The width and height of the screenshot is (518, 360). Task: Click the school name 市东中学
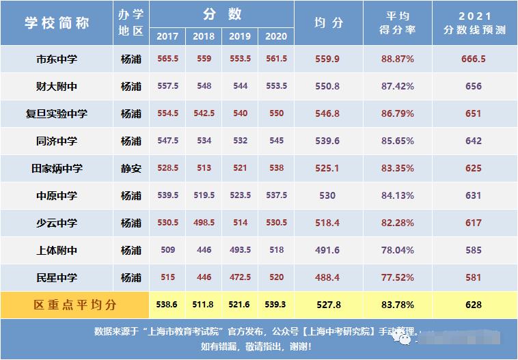(x=57, y=59)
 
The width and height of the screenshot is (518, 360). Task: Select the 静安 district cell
(x=131, y=169)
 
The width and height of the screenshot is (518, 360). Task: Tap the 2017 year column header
(x=167, y=36)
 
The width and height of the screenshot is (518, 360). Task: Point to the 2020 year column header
(x=276, y=36)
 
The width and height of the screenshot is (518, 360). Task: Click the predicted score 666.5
(x=474, y=59)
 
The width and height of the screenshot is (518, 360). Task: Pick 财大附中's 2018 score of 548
(x=204, y=87)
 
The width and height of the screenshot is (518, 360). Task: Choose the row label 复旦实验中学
(x=57, y=114)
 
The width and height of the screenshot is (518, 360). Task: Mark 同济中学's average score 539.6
(x=327, y=141)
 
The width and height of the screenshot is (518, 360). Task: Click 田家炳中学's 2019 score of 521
(x=240, y=169)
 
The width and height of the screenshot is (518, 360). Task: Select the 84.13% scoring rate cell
(x=398, y=196)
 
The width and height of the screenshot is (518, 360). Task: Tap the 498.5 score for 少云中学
(x=204, y=223)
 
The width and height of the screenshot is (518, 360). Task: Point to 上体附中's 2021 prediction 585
(x=474, y=251)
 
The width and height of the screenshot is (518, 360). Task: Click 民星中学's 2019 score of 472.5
(x=240, y=278)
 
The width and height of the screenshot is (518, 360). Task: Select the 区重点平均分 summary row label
(x=75, y=305)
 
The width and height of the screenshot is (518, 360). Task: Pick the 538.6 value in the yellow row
(x=167, y=305)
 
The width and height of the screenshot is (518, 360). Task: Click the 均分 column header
(x=328, y=23)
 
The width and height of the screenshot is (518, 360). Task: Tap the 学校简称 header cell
(x=57, y=23)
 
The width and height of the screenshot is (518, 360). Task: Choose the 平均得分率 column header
(x=398, y=23)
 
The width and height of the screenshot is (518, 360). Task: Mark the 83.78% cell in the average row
(x=398, y=305)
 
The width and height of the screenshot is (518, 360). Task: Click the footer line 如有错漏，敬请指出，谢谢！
(x=258, y=347)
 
